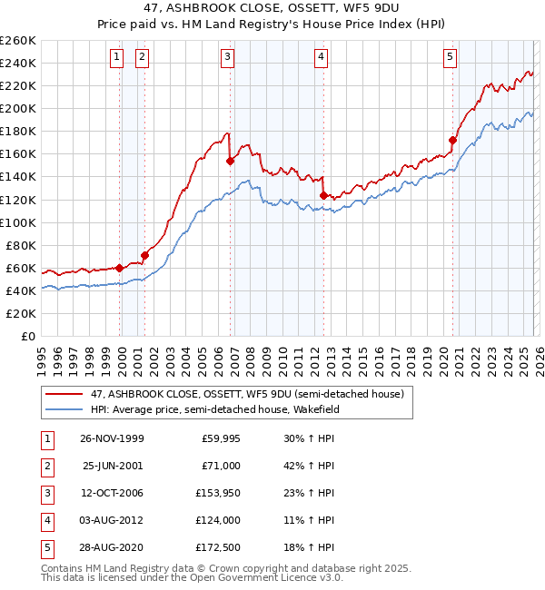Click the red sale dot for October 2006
tap(231, 161)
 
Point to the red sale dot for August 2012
tap(323, 194)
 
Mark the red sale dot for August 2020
tap(451, 140)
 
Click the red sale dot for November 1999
tap(120, 268)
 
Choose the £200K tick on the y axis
tap(18, 108)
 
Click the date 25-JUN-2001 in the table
tap(113, 466)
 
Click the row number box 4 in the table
tap(45, 520)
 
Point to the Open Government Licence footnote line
tap(180, 577)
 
